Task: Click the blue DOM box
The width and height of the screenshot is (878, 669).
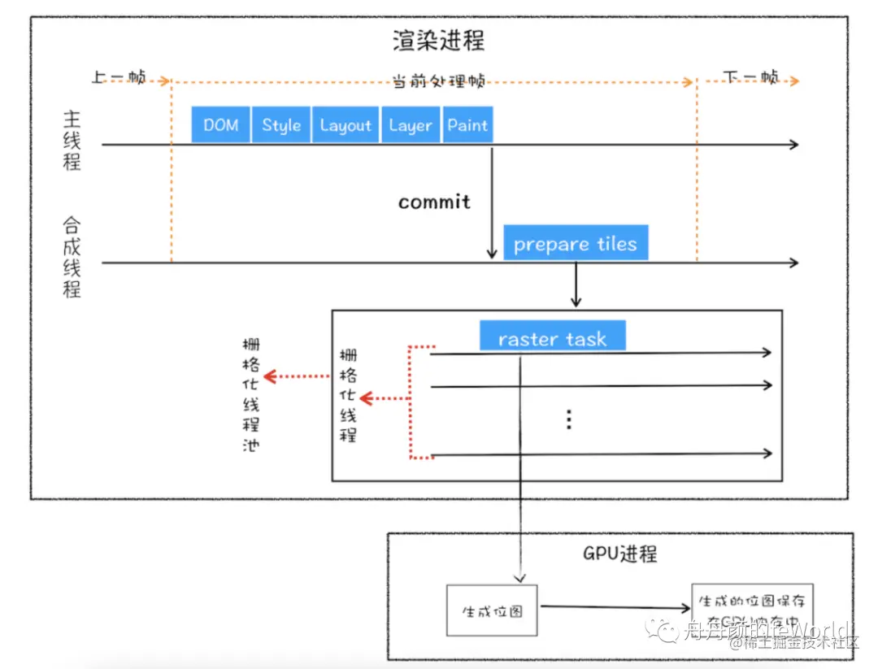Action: (x=220, y=125)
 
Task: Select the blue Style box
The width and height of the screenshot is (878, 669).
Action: (x=280, y=125)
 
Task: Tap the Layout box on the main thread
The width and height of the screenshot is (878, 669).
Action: (x=345, y=125)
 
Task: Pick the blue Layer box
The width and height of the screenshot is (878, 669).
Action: (x=410, y=125)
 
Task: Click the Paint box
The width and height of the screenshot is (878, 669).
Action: (x=467, y=125)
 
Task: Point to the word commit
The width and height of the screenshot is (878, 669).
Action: (x=434, y=202)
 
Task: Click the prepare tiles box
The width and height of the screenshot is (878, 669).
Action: (x=575, y=243)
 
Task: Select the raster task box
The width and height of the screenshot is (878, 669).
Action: (x=552, y=337)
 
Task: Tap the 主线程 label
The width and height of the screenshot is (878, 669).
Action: (x=72, y=140)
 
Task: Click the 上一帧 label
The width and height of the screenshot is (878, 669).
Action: (x=119, y=78)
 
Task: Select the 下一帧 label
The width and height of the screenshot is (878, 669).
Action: (x=751, y=78)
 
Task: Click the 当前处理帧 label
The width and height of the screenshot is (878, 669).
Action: (x=438, y=81)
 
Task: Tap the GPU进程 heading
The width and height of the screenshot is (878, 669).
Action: (x=619, y=554)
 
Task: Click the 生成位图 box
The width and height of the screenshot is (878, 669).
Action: (x=492, y=610)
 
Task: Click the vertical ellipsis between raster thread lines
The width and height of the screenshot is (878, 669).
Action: (x=569, y=419)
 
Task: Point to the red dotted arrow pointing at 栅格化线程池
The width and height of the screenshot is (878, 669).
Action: (x=298, y=376)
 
